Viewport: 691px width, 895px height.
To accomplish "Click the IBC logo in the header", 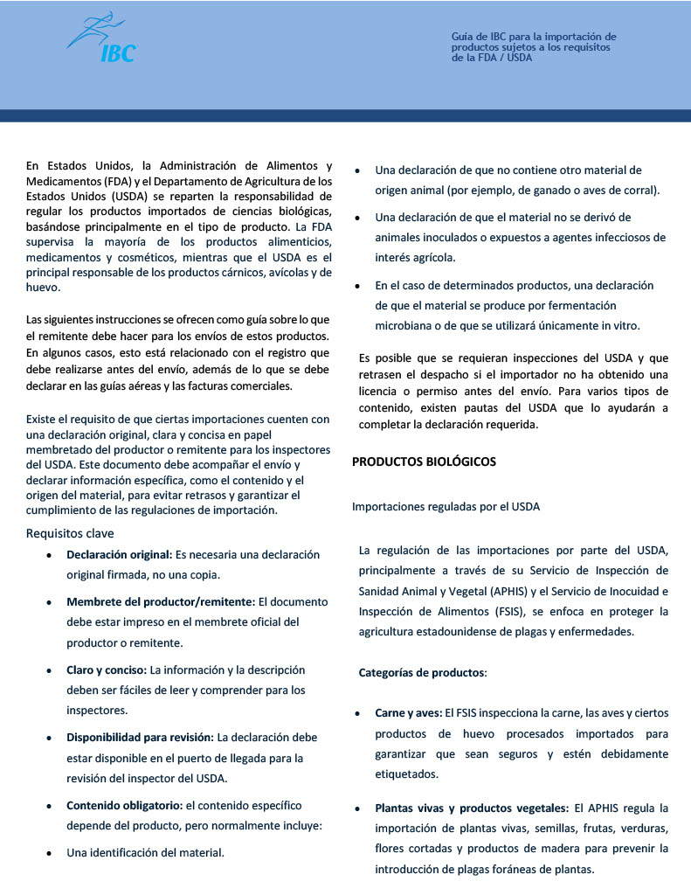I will click(103, 39).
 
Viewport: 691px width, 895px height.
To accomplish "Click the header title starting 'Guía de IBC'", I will click(534, 47).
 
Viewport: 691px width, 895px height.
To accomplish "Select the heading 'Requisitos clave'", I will click(70, 533).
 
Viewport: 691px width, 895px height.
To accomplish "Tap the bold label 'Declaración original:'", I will click(120, 555).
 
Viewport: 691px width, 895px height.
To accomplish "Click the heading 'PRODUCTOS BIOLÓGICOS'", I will click(424, 461).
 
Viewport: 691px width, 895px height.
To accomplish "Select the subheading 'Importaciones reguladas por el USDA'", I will click(446, 506).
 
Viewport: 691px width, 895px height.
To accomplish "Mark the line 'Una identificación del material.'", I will click(146, 852).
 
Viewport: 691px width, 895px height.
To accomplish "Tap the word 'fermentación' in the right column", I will click(581, 305).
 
